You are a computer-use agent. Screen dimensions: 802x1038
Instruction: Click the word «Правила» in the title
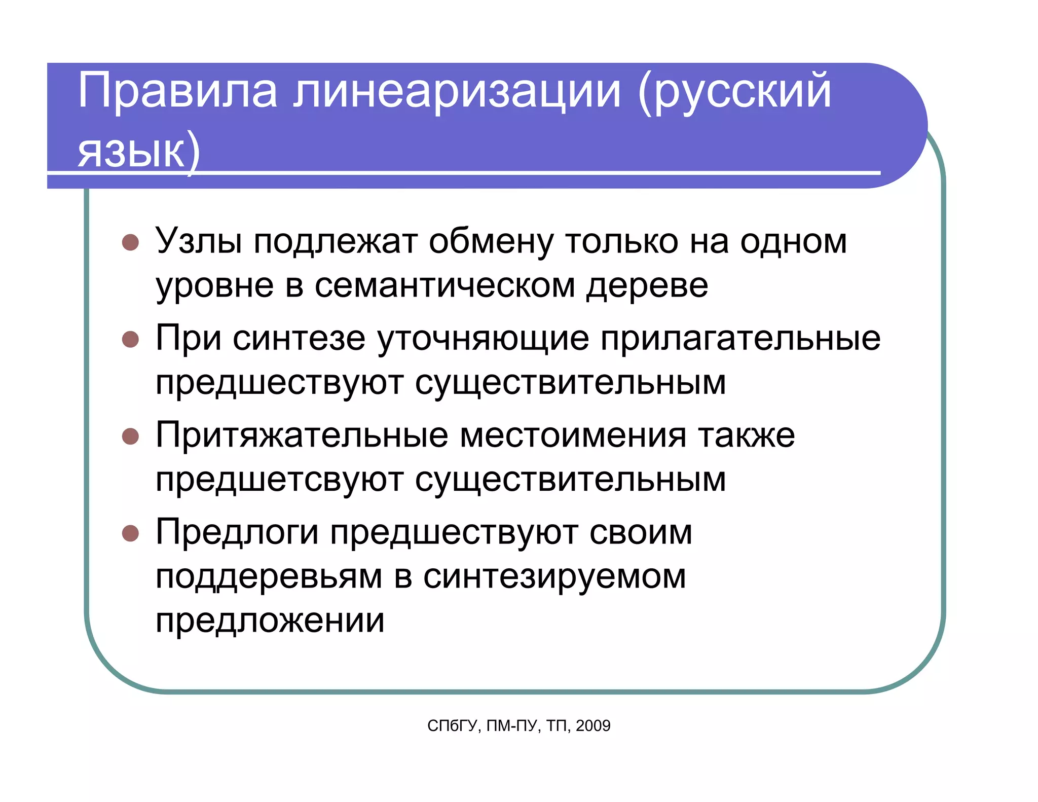click(177, 91)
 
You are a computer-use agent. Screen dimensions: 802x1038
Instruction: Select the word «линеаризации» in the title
click(457, 91)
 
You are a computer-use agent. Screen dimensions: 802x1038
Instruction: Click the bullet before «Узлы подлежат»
click(130, 242)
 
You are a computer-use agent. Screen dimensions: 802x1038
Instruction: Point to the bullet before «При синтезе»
click(130, 339)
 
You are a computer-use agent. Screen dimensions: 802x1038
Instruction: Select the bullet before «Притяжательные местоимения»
click(130, 436)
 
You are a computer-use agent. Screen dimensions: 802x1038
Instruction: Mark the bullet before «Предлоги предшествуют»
click(130, 533)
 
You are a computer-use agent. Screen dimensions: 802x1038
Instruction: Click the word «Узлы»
click(198, 241)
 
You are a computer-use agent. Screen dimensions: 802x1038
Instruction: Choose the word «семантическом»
click(444, 285)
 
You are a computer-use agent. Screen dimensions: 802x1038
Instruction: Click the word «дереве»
click(647, 285)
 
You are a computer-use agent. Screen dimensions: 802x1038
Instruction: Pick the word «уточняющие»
click(483, 339)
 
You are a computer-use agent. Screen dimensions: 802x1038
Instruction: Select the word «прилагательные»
click(740, 339)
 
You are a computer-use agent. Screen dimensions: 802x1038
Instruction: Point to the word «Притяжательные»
click(302, 435)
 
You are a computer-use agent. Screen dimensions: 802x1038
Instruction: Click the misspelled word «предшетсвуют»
click(279, 480)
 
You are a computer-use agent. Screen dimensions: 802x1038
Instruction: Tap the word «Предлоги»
click(237, 532)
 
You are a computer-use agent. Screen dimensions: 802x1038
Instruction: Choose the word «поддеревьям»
click(269, 576)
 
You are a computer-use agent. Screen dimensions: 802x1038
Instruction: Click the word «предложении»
click(270, 621)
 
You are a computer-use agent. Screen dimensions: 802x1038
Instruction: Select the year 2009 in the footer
click(593, 726)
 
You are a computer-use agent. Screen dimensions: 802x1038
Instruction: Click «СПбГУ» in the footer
click(452, 726)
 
